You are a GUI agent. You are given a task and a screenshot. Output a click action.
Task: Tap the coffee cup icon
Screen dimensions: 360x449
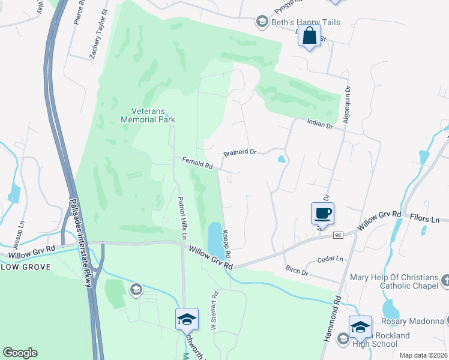point(322,212)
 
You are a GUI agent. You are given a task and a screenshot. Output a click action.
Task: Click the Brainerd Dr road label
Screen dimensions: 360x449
point(240,153)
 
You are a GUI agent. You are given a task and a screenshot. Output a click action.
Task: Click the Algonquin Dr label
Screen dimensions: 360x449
point(346,104)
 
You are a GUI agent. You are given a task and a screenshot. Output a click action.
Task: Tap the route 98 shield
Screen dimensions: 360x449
point(339,236)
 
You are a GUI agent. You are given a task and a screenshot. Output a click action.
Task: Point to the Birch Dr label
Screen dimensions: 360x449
point(297,271)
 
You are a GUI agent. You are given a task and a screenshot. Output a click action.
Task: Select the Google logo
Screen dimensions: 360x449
point(20,353)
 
